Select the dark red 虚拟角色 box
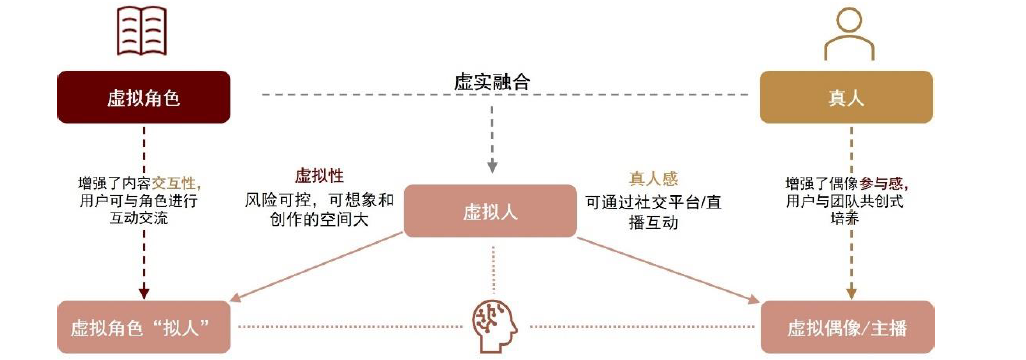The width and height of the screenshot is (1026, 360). [x=144, y=97]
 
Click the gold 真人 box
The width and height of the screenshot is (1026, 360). [x=846, y=97]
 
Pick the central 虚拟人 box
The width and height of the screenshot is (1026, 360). [x=490, y=211]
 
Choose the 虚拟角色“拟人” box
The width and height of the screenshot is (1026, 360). [x=144, y=327]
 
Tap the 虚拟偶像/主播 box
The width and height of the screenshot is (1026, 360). [x=846, y=327]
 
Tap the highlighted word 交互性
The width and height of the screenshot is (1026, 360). [x=176, y=183]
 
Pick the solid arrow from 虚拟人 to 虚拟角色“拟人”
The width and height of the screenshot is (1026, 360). [x=320, y=267]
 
